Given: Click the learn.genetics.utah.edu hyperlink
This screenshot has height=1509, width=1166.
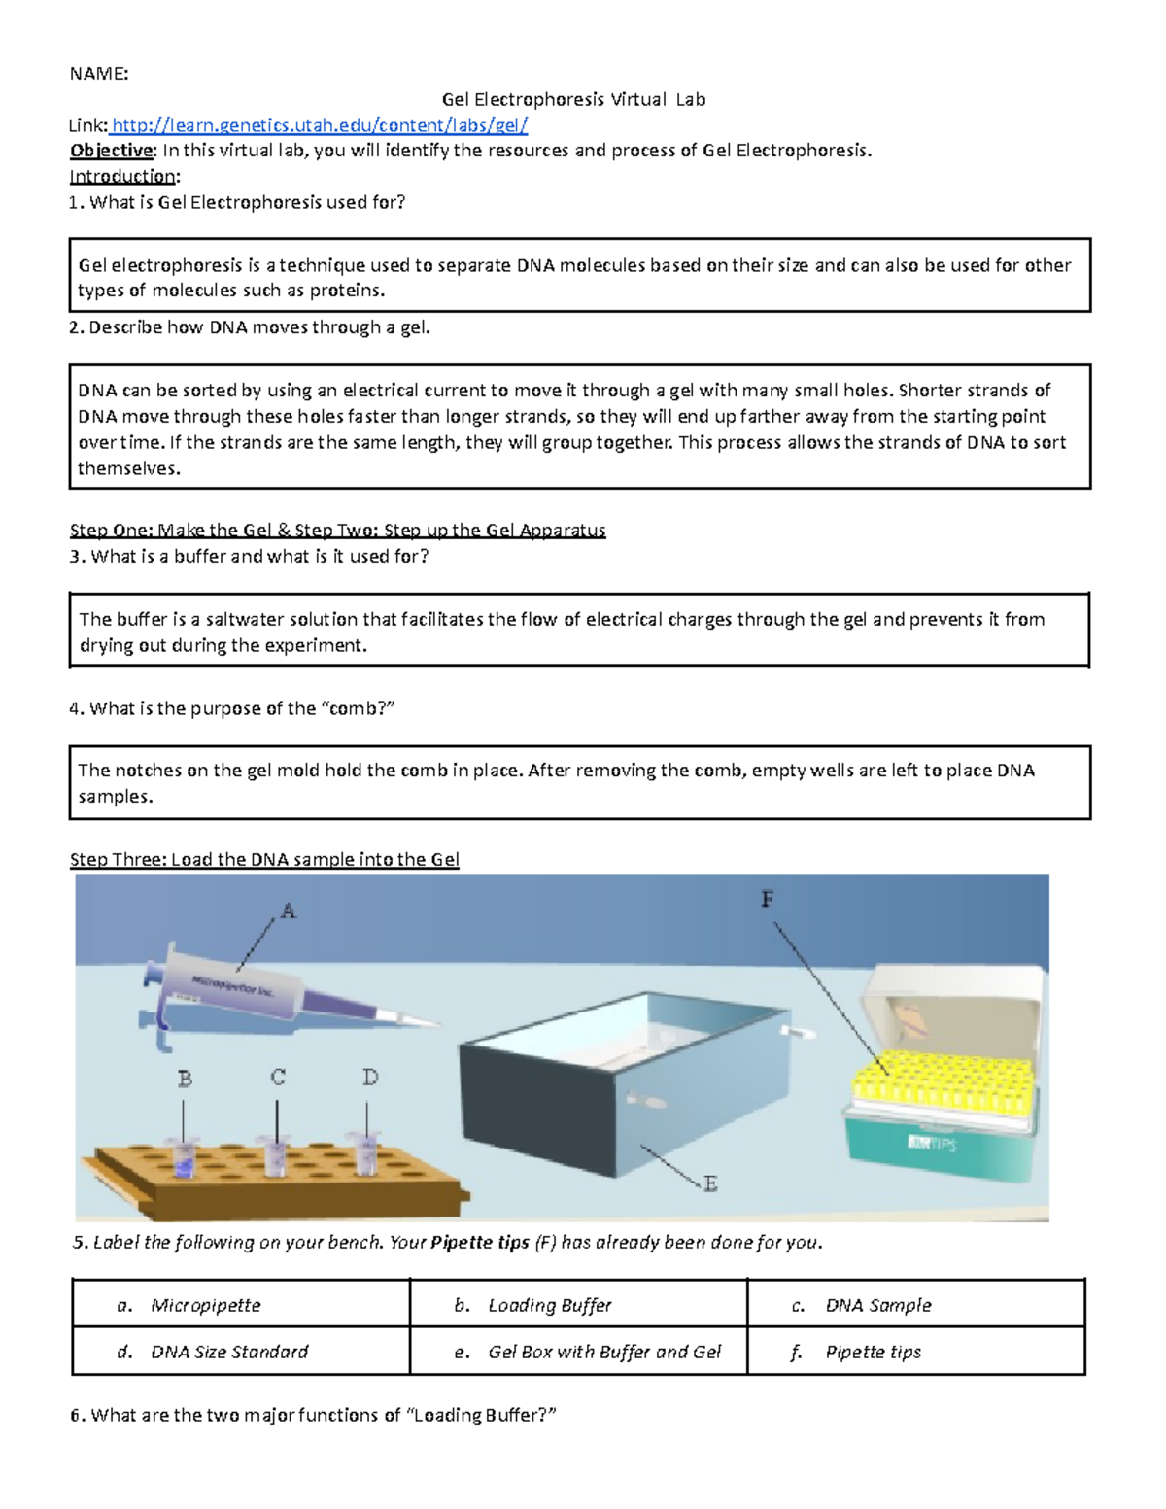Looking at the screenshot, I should tap(320, 125).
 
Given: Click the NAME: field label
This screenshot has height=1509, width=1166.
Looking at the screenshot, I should tap(98, 74).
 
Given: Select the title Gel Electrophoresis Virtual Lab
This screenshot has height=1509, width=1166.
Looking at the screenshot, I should tap(573, 99).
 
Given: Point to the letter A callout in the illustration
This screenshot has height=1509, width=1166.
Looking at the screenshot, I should tap(288, 911).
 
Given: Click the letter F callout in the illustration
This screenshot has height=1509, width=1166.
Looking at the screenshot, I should tap(768, 900).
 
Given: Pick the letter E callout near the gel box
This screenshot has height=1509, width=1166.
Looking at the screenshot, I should tap(710, 1183).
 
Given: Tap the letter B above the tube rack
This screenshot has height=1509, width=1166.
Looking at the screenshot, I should tap(185, 1079).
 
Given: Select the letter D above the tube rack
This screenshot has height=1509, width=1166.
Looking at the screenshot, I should tap(370, 1078).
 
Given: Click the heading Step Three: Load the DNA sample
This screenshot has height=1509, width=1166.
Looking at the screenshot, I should tap(264, 860).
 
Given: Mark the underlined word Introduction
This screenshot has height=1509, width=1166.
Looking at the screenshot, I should tap(122, 177).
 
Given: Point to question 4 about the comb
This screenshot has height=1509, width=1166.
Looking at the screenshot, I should tap(232, 709).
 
